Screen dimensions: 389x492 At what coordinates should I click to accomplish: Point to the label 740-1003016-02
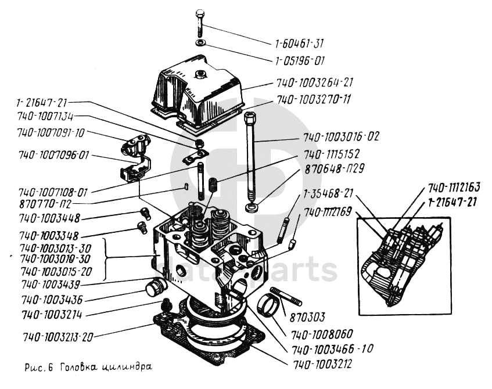click(x=341, y=138)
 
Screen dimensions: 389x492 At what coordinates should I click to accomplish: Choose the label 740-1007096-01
click(x=53, y=156)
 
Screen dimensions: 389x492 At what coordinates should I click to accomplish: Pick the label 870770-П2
click(x=45, y=204)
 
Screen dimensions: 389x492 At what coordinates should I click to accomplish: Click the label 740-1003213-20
click(x=58, y=337)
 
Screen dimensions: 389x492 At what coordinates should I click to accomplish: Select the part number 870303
click(x=306, y=317)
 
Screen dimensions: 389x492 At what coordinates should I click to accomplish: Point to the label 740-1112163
click(x=455, y=188)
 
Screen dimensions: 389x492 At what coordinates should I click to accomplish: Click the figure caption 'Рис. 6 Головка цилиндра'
click(x=88, y=367)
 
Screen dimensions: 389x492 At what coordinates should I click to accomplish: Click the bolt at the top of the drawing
click(x=200, y=23)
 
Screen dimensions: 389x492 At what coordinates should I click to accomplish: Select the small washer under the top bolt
click(x=200, y=44)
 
